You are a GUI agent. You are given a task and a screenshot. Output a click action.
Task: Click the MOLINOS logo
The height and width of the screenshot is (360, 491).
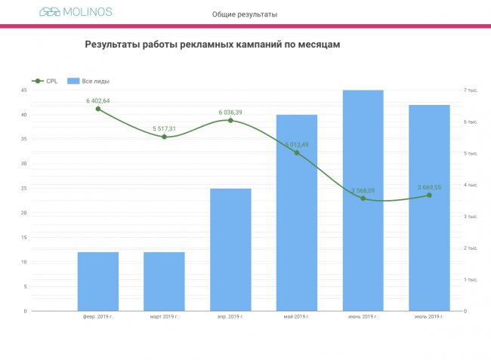(76, 12)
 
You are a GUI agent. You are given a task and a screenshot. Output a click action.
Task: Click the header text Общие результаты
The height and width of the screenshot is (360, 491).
(245, 14)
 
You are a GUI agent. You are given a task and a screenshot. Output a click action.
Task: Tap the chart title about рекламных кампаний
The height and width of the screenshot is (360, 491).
(212, 45)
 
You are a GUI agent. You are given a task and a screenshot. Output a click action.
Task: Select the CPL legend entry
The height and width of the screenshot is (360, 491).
(45, 81)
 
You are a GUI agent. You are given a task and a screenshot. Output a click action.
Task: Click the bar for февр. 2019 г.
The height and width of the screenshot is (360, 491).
(98, 281)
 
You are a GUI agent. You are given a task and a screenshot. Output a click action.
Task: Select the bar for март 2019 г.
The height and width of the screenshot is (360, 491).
(164, 281)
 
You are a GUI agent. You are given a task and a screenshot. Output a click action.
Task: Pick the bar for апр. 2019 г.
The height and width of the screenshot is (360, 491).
(230, 249)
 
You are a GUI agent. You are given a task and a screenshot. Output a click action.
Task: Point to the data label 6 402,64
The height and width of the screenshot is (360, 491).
(98, 100)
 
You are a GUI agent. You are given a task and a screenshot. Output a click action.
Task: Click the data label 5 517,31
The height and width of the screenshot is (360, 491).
(164, 128)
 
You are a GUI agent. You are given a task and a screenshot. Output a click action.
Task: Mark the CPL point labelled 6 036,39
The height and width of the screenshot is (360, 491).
(230, 121)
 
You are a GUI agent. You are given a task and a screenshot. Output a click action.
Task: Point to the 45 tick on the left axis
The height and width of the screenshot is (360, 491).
(24, 91)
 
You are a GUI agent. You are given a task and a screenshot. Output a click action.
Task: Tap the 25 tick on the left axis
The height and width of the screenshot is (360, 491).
(24, 189)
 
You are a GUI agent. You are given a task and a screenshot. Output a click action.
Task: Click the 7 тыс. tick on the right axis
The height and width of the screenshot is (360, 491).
(471, 91)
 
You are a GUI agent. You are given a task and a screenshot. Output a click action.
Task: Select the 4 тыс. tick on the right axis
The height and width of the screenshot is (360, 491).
(471, 185)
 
